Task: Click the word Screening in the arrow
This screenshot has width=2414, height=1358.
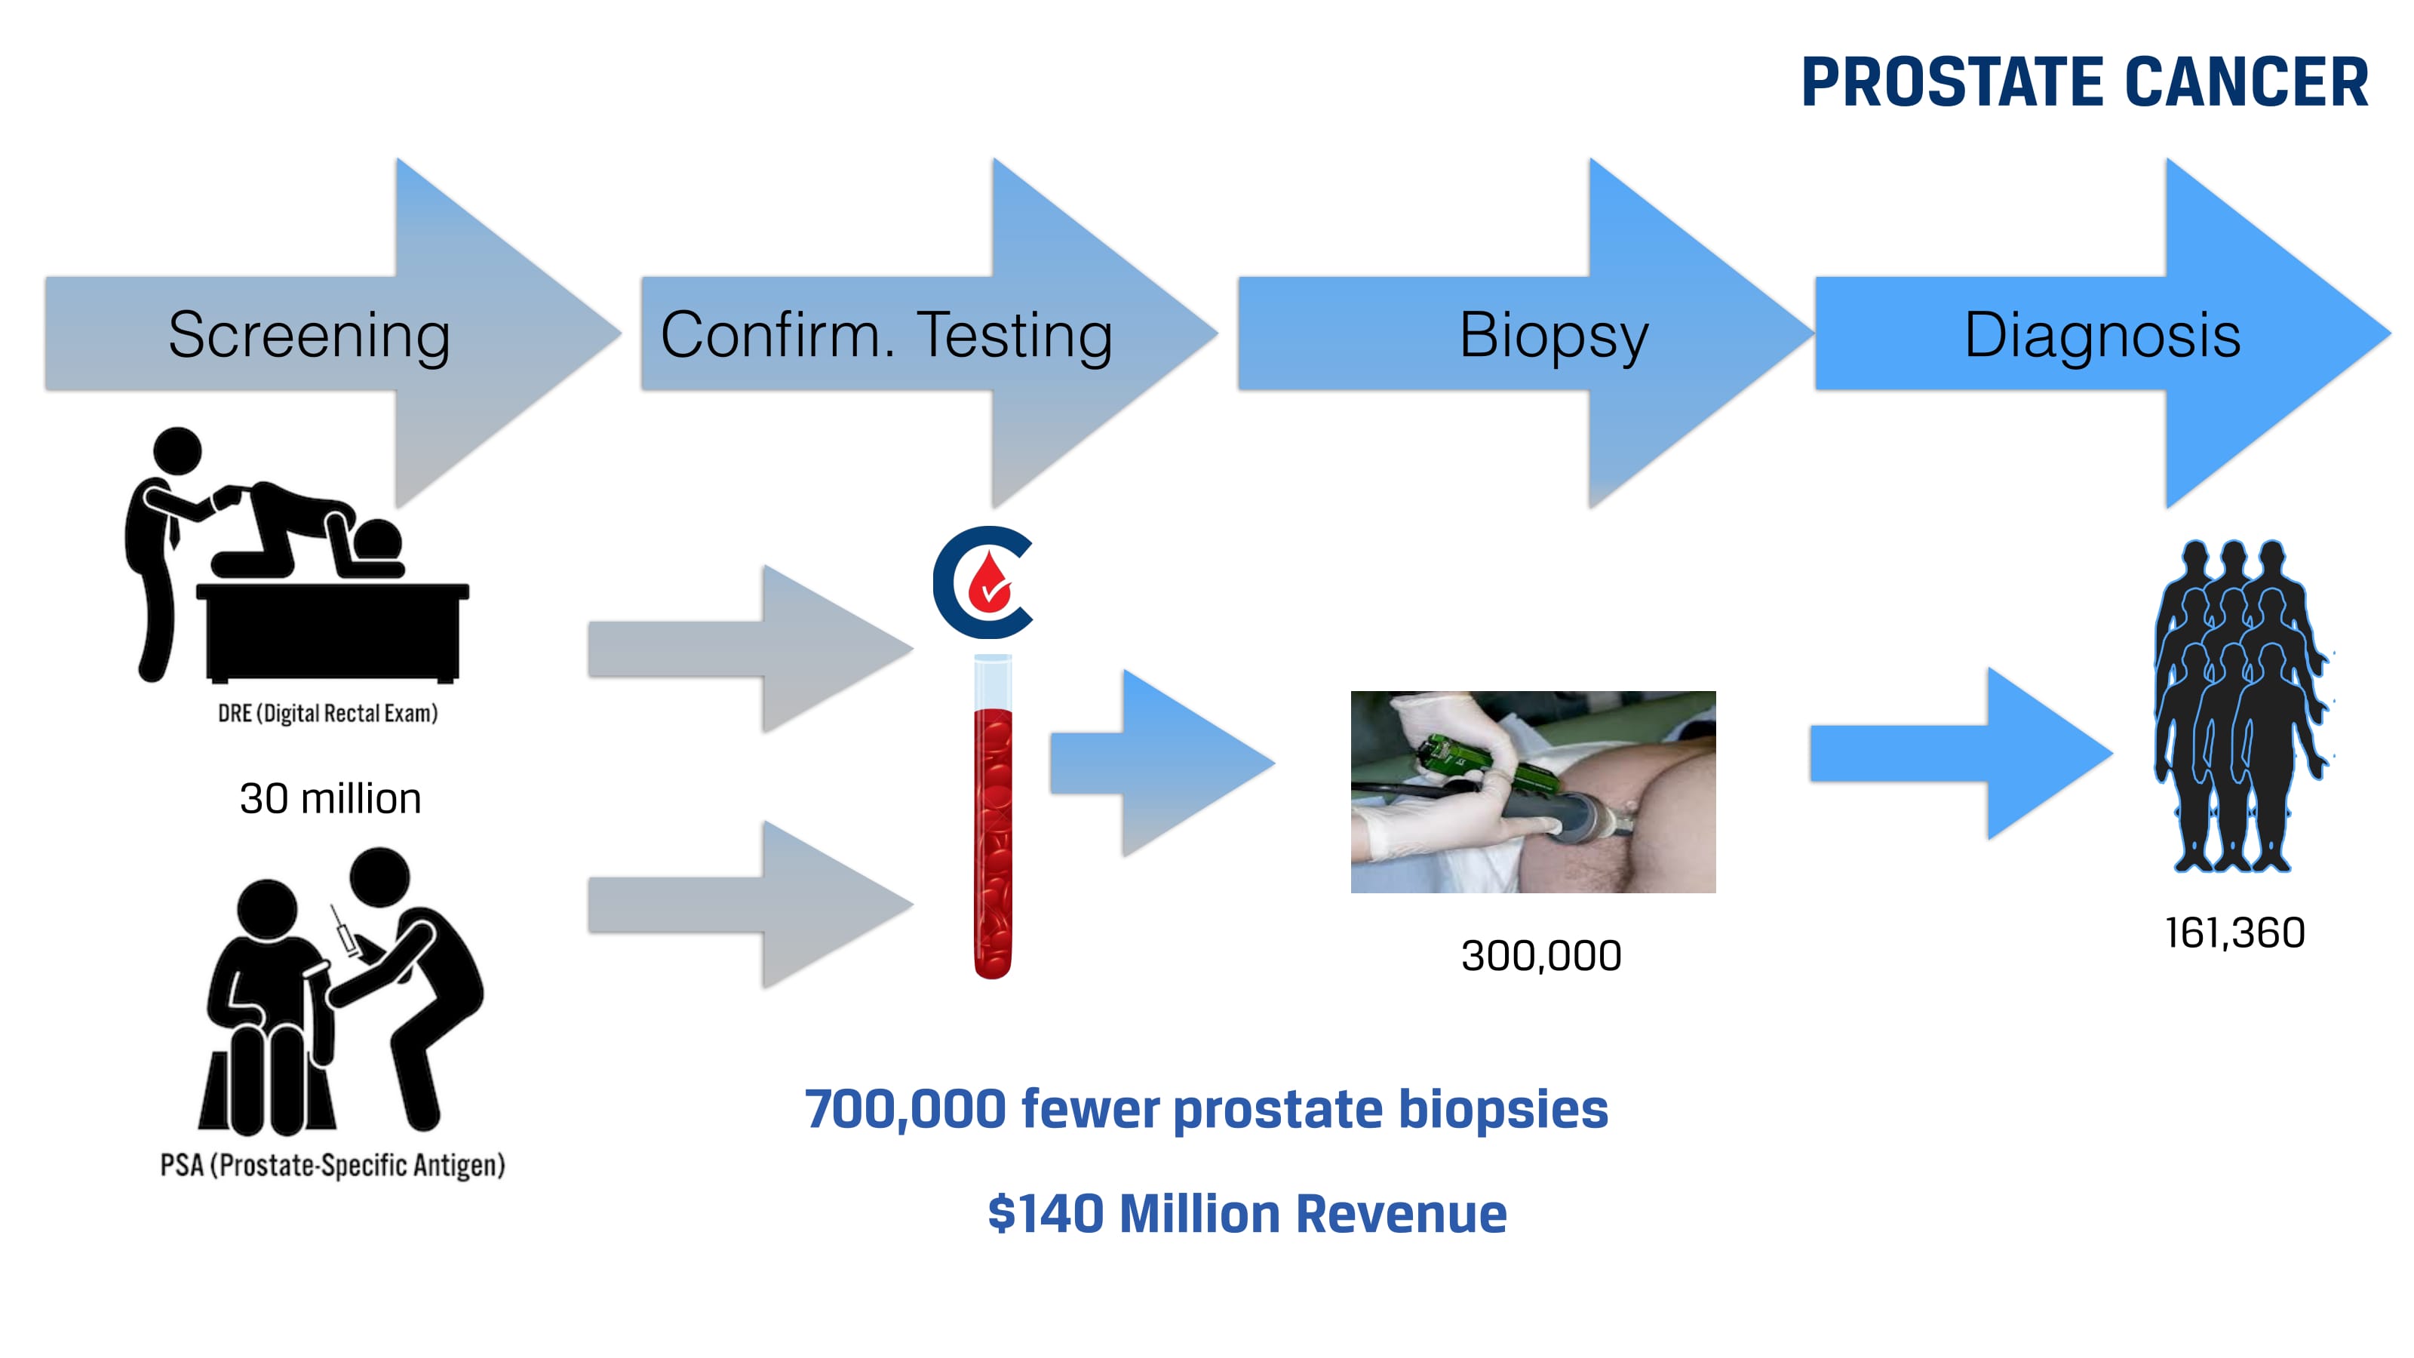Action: coord(309,336)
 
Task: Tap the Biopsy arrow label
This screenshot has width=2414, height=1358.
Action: coord(1554,336)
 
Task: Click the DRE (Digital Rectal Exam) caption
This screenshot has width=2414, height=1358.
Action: coord(328,713)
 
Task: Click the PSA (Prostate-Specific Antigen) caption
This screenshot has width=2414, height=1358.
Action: coord(333,1165)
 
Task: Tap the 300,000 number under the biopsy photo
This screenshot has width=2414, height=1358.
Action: coord(1541,956)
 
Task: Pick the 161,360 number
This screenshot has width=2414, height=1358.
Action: coord(2235,933)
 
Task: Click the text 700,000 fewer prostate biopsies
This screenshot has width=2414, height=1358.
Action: coord(1207,1111)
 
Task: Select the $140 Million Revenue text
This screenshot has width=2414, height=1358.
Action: coord(1247,1214)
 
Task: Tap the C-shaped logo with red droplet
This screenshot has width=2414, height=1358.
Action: coord(982,583)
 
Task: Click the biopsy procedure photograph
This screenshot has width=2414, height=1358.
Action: coord(1533,792)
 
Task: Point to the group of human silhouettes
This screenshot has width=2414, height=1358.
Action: coord(2240,705)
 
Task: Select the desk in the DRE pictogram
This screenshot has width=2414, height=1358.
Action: coord(333,633)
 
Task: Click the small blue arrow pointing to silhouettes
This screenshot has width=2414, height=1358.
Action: coord(1961,754)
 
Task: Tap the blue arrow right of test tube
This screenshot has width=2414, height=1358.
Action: coord(1162,763)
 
